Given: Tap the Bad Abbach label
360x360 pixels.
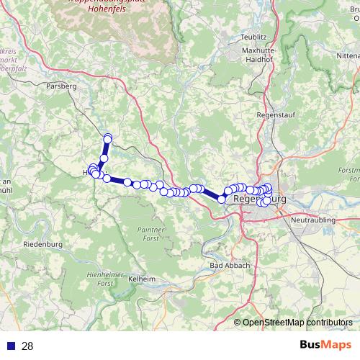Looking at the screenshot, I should [230, 265].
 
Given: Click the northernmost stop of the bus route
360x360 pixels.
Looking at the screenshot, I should [108, 138].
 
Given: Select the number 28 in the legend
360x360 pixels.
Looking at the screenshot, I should [28, 346].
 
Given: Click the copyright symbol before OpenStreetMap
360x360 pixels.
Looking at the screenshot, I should [238, 323].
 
